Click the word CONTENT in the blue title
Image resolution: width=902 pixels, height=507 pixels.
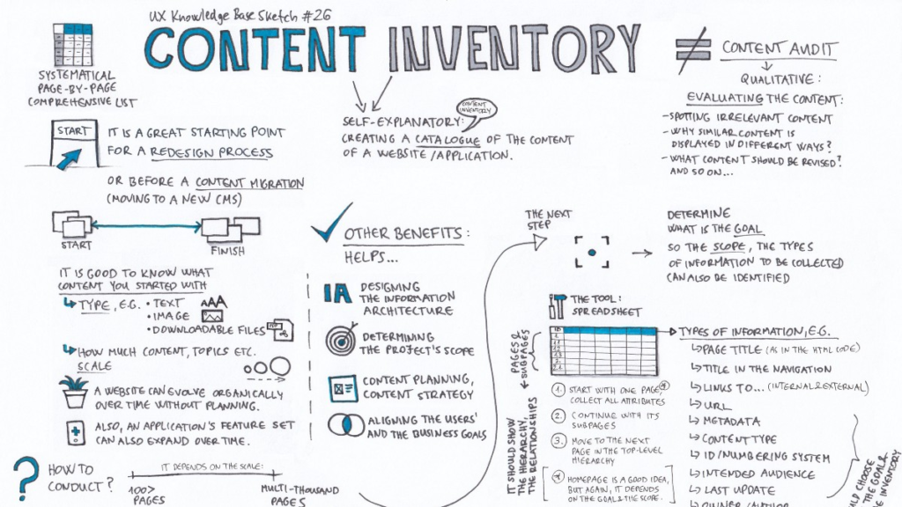pos(254,48)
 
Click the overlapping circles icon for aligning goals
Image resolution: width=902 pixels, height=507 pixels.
pos(339,424)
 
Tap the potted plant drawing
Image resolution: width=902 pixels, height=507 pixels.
pos(75,391)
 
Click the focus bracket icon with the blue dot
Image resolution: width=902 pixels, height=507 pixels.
pos(592,251)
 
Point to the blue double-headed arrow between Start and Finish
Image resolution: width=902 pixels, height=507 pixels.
pos(144,227)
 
